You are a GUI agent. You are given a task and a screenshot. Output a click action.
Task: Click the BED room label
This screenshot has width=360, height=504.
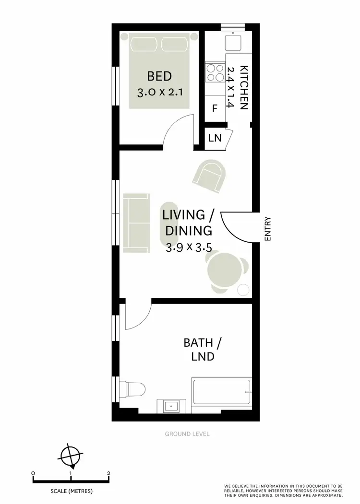[x=159, y=76]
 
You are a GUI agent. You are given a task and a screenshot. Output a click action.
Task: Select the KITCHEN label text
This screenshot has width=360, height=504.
[x=244, y=88]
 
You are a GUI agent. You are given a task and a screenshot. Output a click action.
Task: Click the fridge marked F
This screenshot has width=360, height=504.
[x=215, y=108]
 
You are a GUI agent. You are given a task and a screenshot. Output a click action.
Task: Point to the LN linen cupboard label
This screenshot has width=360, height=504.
[x=215, y=138]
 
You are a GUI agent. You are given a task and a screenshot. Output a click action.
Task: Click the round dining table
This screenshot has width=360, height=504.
[x=224, y=272]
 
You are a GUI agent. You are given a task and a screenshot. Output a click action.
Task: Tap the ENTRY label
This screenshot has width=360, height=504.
[x=268, y=229]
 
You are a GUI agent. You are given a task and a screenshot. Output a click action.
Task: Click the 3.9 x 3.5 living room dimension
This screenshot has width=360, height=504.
[x=189, y=247]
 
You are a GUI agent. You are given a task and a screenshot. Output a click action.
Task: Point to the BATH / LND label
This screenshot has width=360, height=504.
[x=203, y=350]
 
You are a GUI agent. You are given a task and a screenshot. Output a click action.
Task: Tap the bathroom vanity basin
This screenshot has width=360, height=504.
[x=171, y=406]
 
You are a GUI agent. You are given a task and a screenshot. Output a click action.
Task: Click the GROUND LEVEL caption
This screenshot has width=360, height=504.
[x=187, y=434]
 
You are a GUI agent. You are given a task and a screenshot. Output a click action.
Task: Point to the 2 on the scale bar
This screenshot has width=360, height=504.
[x=109, y=474]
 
